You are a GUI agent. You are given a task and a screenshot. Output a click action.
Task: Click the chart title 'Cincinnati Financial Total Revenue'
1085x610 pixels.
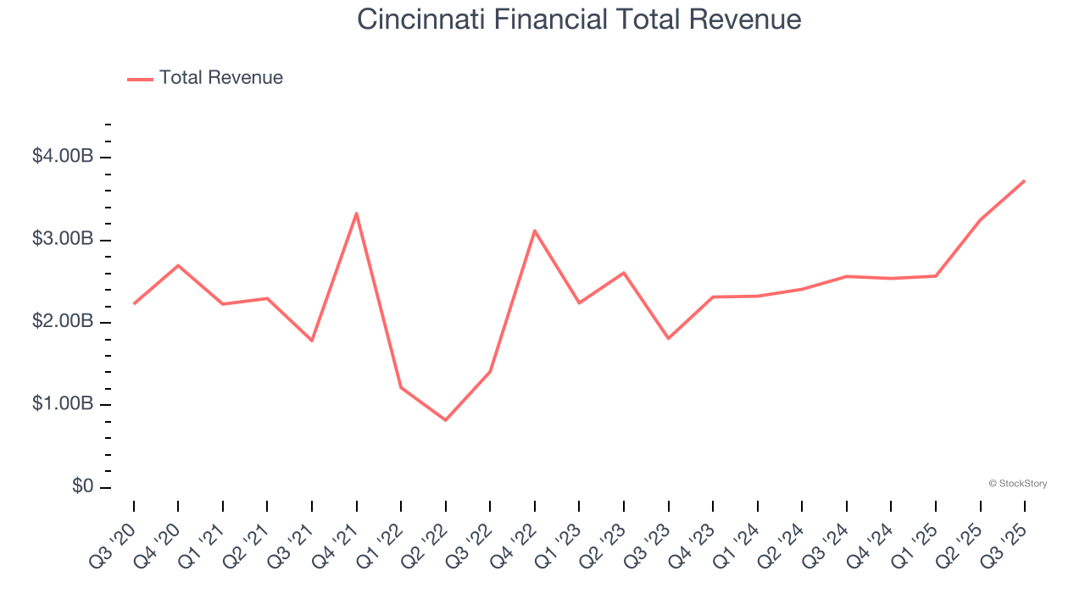point(579,19)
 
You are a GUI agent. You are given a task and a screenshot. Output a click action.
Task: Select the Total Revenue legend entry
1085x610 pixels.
point(205,78)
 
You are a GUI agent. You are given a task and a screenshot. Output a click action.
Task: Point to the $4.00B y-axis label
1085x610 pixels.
point(62,157)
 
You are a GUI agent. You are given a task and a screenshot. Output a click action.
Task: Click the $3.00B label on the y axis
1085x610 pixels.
point(62,239)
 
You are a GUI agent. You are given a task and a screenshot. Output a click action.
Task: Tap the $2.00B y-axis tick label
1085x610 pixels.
point(62,322)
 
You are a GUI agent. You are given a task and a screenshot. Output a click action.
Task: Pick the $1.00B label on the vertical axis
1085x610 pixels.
point(62,404)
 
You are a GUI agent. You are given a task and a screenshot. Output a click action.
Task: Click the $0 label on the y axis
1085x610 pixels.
point(81,486)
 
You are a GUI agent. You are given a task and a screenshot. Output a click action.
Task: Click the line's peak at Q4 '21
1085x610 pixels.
point(357,213)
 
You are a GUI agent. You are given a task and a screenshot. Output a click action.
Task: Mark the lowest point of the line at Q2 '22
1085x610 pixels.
point(446,420)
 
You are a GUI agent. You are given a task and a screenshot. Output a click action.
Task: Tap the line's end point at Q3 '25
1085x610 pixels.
point(1024,180)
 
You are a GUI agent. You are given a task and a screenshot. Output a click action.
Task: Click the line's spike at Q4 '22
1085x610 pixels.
point(535,230)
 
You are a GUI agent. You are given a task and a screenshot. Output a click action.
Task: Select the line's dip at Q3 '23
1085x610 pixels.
point(669,338)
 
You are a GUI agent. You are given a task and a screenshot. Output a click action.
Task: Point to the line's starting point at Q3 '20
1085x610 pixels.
point(134,303)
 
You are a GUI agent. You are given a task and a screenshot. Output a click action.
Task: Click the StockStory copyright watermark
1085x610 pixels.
point(1017,484)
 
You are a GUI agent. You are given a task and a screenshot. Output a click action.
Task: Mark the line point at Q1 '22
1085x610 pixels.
point(401,388)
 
